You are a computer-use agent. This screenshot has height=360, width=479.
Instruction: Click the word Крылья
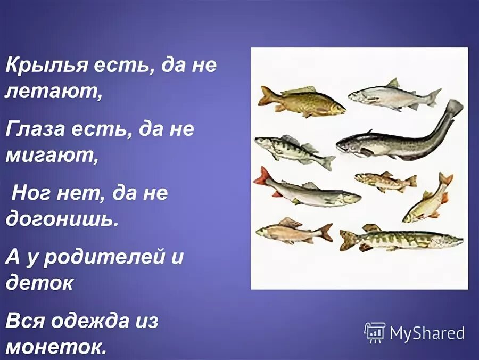click(x=45, y=67)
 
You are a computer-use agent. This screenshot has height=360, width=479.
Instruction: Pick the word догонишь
click(x=61, y=219)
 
